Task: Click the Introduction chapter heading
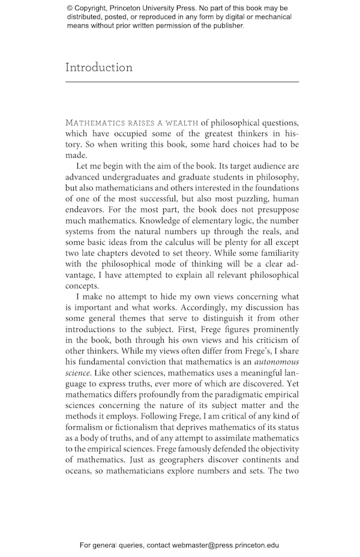pos(99,67)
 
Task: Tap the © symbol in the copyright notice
pos(70,8)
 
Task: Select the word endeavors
pos(85,210)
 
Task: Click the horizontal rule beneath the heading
pos(182,81)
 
